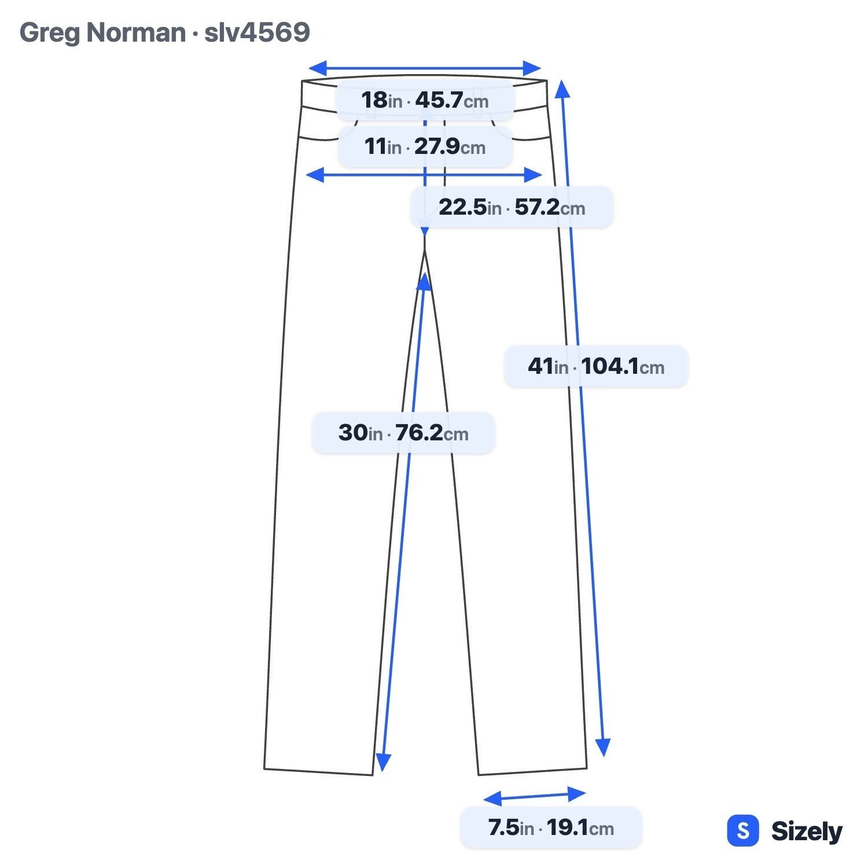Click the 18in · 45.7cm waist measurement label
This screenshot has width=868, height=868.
[x=425, y=101]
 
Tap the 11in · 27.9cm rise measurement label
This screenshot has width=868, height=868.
[x=425, y=147]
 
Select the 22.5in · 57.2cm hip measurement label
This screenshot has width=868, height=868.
[x=512, y=207]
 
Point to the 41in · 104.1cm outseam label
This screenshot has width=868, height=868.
[x=596, y=366]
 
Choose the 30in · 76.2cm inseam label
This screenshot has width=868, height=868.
[x=403, y=433]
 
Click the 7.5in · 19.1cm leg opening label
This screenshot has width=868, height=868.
[x=551, y=827]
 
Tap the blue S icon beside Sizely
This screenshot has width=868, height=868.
[x=742, y=831]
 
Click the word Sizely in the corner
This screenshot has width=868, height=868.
[x=807, y=832]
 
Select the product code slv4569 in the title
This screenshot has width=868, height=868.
[x=257, y=32]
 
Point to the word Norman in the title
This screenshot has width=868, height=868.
[x=136, y=32]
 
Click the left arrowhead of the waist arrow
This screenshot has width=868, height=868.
[x=318, y=68]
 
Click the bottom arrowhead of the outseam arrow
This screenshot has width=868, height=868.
[x=604, y=747]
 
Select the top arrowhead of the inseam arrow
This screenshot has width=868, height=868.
[x=425, y=282]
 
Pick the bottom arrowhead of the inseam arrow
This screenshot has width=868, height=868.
[x=383, y=762]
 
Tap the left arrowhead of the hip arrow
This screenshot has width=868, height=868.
[x=315, y=175]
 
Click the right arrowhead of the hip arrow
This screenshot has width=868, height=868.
[x=533, y=175]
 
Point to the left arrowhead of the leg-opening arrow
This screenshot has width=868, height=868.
[x=492, y=799]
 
